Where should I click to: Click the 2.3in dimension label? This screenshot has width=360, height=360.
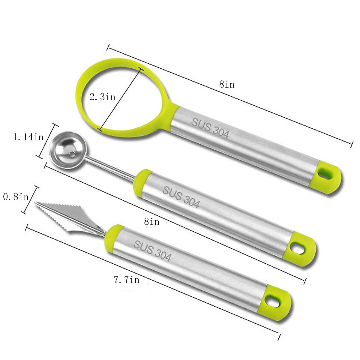102,97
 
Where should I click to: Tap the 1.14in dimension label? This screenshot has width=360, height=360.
28,137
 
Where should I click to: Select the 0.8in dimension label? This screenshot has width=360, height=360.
16,197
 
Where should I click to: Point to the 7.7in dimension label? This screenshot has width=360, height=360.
127,280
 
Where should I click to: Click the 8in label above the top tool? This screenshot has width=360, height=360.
227,84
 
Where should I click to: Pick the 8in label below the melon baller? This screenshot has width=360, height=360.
152,222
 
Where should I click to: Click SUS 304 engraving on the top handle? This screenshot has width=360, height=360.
210,128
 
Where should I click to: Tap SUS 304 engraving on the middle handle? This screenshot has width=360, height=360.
181,197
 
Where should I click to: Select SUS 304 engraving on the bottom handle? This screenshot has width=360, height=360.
152,250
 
